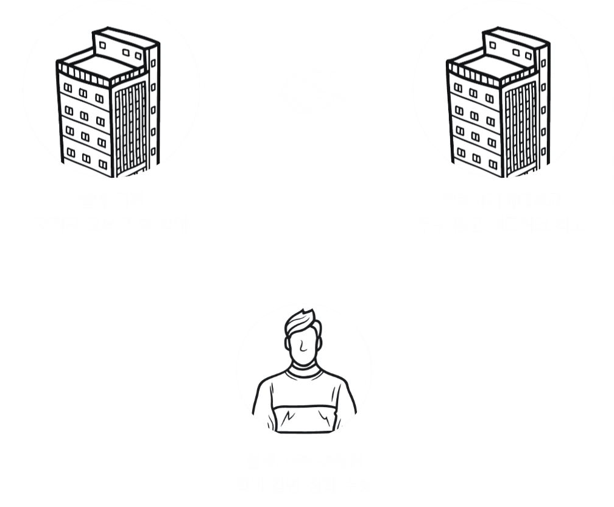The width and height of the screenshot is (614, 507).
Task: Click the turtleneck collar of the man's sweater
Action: pos(303,369)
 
